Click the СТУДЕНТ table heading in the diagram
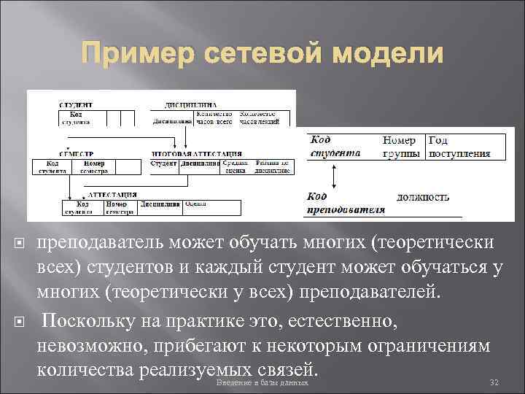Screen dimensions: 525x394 [x=74, y=104]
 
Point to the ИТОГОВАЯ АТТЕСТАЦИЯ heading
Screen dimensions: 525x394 [x=196, y=154]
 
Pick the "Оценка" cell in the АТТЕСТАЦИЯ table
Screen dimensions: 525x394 [x=195, y=204]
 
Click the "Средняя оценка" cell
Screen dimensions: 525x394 [x=235, y=167]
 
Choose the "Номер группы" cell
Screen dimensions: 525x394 [x=400, y=147]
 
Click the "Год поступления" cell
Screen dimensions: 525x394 [x=459, y=147]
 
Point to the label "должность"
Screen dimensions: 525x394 [x=423, y=197]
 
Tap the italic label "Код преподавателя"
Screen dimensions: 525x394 [x=345, y=203]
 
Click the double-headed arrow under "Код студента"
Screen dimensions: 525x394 [x=333, y=176]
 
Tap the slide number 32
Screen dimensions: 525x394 [x=494, y=383]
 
